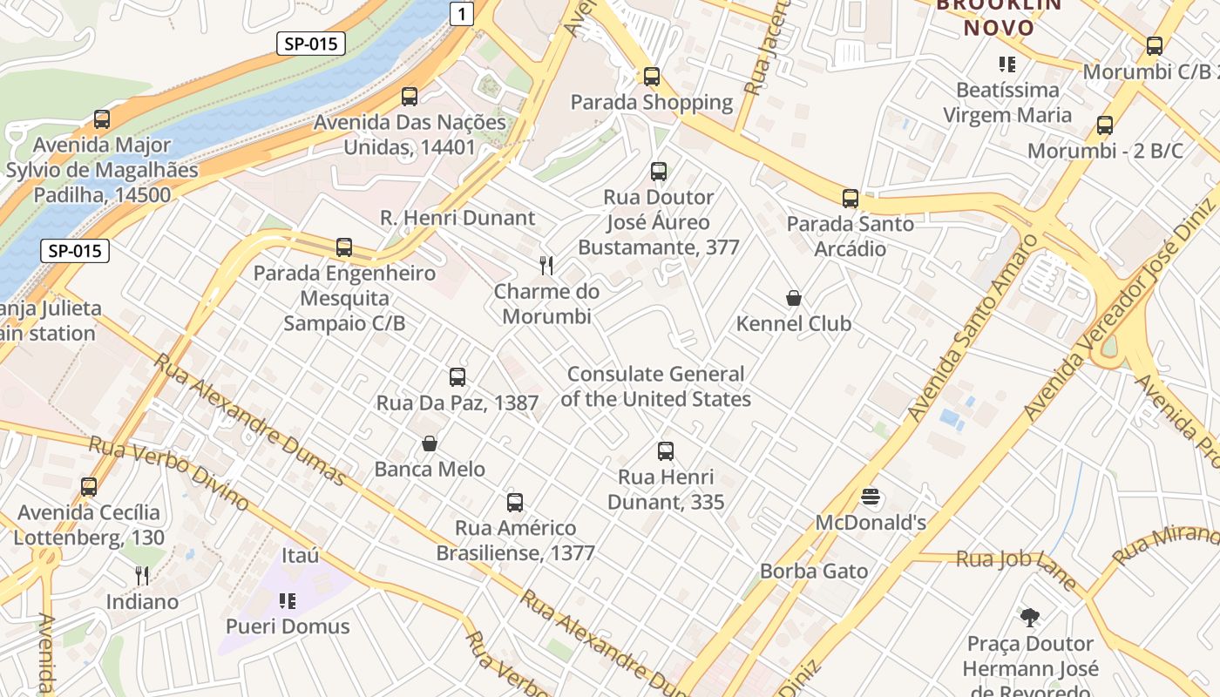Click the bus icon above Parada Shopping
tap(652, 77)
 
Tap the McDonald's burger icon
tap(871, 497)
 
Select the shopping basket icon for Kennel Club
tap(794, 299)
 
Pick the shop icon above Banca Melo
tap(430, 444)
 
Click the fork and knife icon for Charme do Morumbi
tap(546, 266)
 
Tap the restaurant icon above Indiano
tap(142, 576)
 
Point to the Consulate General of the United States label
tap(655, 387)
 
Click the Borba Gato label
tap(814, 572)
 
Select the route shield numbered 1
tap(463, 13)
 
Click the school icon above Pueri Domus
tap(288, 601)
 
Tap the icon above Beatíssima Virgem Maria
tap(1007, 64)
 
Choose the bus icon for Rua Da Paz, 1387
tap(457, 377)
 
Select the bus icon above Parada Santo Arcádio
tap(851, 199)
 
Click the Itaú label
tap(300, 556)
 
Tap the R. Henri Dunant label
tap(457, 218)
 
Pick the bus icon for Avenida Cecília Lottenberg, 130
tap(89, 487)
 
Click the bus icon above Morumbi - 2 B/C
tap(1105, 125)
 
